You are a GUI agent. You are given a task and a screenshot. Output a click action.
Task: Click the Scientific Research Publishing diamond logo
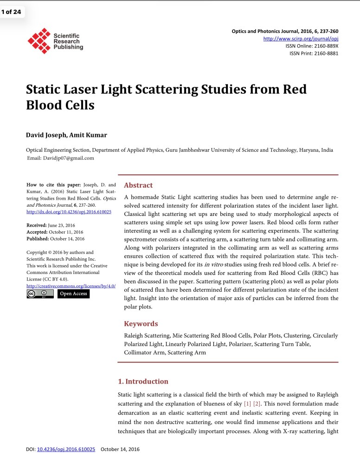click(x=39, y=41)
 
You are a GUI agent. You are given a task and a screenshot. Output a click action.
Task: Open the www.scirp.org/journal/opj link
click(x=301, y=39)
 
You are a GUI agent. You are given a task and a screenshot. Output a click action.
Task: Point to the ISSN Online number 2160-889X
click(x=325, y=46)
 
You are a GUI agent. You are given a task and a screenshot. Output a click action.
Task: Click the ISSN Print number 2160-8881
click(x=325, y=53)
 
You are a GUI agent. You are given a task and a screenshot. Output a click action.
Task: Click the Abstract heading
click(x=138, y=185)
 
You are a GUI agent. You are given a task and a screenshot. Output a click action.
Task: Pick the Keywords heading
click(x=141, y=324)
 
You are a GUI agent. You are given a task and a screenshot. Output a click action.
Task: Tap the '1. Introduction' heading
click(x=143, y=381)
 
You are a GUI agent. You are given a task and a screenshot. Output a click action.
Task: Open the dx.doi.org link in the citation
click(x=69, y=212)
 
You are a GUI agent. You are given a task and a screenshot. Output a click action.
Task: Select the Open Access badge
click(x=73, y=294)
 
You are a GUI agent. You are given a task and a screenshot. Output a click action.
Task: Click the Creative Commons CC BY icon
click(x=39, y=294)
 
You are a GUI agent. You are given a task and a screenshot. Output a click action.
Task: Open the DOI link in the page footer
click(x=66, y=449)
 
